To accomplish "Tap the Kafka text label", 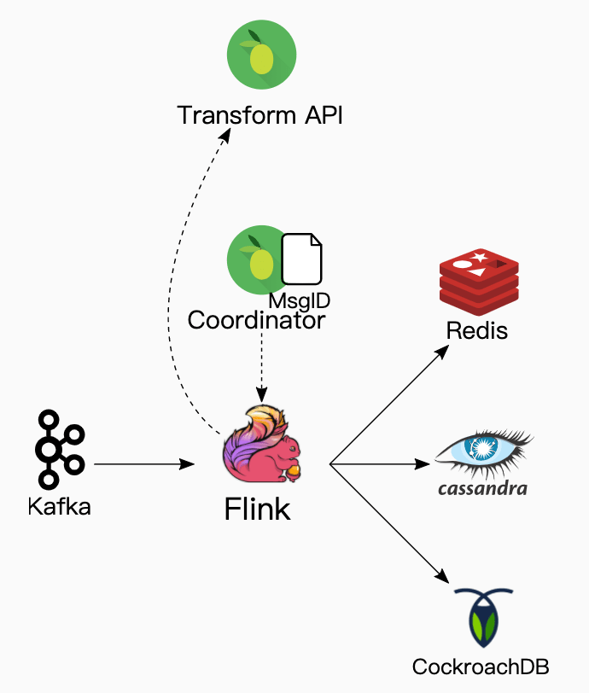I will tap(59, 506).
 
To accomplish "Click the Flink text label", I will tap(257, 510).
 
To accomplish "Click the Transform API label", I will tap(260, 115).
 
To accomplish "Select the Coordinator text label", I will tap(256, 321).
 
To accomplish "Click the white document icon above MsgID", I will tap(302, 259).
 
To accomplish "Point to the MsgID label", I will tap(299, 301).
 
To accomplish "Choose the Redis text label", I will tap(477, 331).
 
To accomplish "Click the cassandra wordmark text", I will tap(482, 489).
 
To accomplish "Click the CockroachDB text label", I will tap(480, 667).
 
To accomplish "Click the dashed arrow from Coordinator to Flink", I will tap(260, 367).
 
